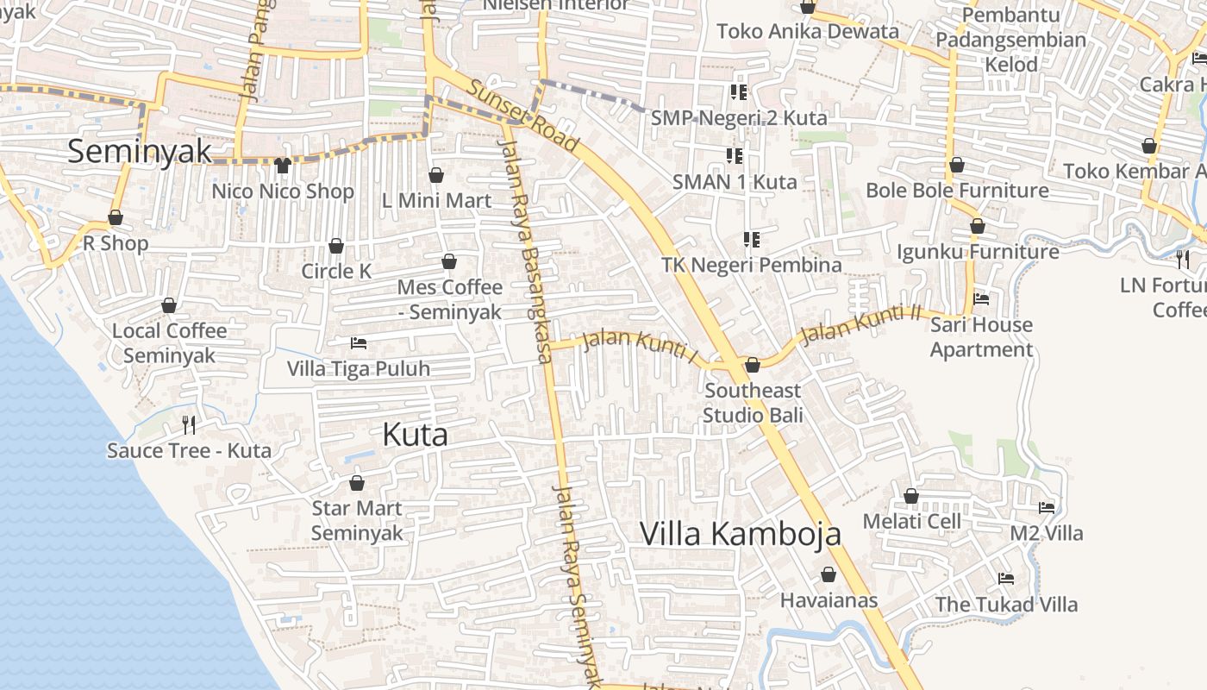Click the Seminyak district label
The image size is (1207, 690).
pyautogui.click(x=139, y=151)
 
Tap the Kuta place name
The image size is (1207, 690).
pyautogui.click(x=415, y=435)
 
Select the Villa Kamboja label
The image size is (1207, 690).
pyautogui.click(x=740, y=534)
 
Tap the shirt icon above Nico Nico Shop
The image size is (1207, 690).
pyautogui.click(x=283, y=166)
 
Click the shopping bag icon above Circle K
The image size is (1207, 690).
pyautogui.click(x=336, y=246)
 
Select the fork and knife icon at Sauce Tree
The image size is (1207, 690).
pyautogui.click(x=189, y=424)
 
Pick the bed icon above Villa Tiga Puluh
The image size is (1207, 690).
pyautogui.click(x=359, y=343)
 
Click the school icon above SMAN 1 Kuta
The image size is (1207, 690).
pyautogui.click(x=735, y=156)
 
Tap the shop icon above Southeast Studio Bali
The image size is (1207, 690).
pyautogui.click(x=753, y=365)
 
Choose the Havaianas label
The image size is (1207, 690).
pyautogui.click(x=829, y=600)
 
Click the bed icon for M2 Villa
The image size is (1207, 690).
pyautogui.click(x=1047, y=508)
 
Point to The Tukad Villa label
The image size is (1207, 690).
pyautogui.click(x=1006, y=605)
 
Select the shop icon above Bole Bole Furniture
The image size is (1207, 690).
pyautogui.click(x=957, y=165)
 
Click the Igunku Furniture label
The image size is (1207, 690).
pyautogui.click(x=978, y=252)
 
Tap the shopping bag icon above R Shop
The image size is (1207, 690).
pyautogui.click(x=116, y=217)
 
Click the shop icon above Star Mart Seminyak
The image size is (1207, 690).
pyautogui.click(x=357, y=483)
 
